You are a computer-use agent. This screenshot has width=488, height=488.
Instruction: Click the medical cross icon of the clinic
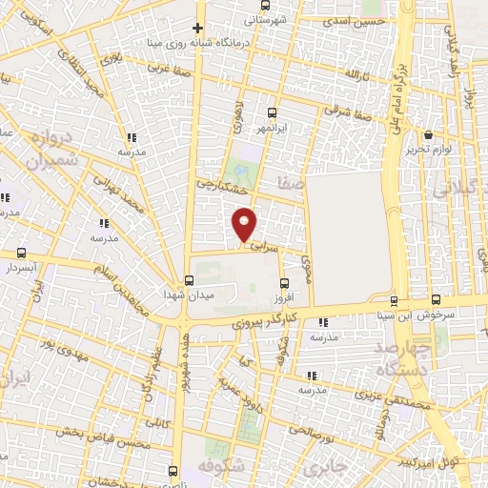198,29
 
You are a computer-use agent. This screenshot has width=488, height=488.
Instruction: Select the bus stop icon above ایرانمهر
273,112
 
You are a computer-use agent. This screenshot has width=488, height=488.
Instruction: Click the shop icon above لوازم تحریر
429,134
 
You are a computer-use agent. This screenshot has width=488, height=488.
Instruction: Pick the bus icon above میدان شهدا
189,280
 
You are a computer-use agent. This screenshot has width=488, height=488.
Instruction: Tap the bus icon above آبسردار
22,254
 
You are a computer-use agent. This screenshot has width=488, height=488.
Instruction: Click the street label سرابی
266,246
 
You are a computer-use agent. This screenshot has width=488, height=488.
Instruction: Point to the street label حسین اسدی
356,20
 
